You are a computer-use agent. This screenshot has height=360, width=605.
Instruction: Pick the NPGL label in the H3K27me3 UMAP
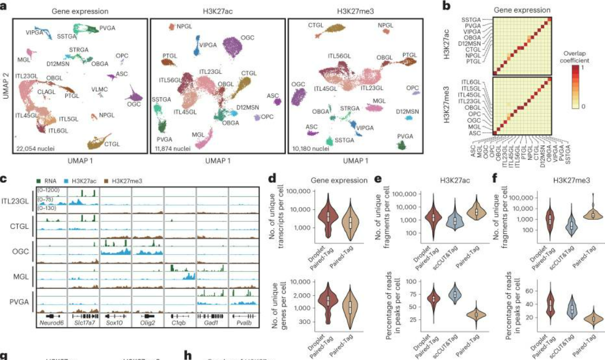pos(386,25)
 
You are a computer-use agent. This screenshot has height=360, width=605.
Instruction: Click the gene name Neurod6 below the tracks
pos(50,323)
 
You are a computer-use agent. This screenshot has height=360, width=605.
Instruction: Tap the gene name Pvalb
pos(245,323)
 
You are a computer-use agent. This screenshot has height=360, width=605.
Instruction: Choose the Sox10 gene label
pos(115,323)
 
